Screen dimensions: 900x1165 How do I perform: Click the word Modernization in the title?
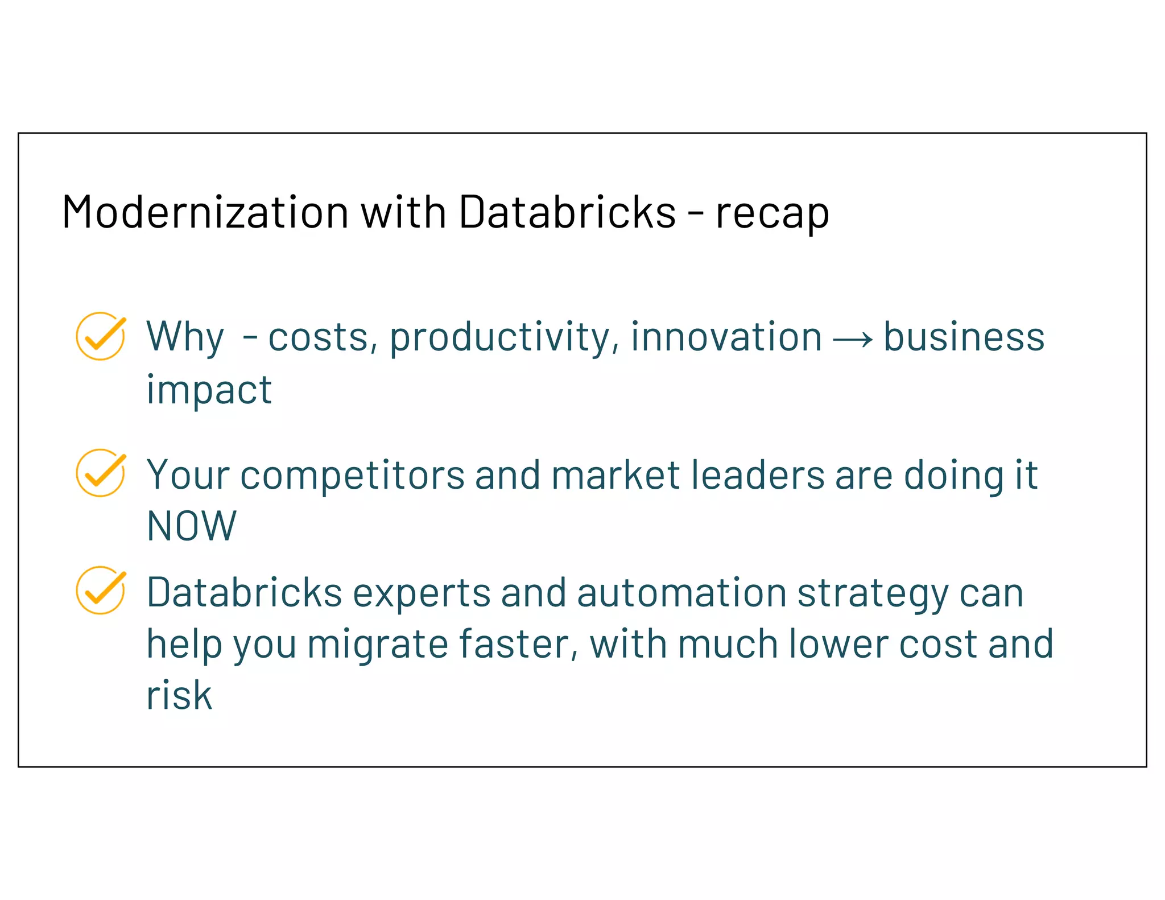pos(205,212)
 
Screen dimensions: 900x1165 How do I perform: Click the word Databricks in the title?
pos(567,212)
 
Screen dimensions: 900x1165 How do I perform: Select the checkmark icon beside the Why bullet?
pos(101,336)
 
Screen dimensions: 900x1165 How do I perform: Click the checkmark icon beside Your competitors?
pos(101,473)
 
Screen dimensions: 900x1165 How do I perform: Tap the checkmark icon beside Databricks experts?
pos(101,590)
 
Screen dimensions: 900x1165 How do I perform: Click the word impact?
pos(209,391)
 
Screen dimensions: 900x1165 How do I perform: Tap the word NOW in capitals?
pos(191,526)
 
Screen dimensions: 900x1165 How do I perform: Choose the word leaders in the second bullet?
pos(757,474)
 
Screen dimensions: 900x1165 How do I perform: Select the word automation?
pos(681,593)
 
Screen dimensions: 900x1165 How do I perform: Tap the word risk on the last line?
pos(179,695)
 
